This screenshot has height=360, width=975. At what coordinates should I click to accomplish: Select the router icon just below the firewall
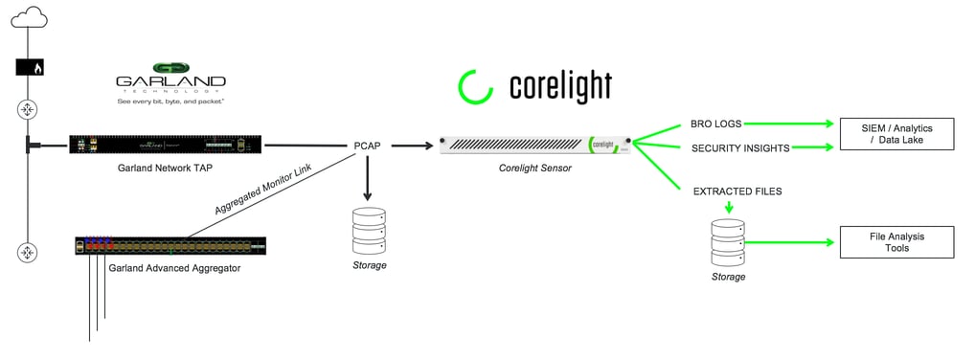[x=27, y=110]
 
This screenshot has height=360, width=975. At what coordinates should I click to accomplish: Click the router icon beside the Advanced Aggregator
[x=27, y=253]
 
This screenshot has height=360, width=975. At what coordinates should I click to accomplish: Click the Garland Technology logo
[x=170, y=83]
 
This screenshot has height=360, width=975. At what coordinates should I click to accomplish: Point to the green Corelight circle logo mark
[x=474, y=86]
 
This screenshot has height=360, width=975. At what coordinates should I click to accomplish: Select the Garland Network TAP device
[x=166, y=146]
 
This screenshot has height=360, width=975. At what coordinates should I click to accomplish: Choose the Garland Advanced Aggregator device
[x=170, y=246]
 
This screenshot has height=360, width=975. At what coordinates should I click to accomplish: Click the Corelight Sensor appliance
[x=535, y=146]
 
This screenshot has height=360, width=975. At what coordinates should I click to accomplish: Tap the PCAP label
[x=368, y=146]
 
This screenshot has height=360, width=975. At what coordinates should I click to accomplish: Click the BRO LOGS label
[x=715, y=124]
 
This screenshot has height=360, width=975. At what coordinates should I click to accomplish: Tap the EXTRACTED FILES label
[x=737, y=191]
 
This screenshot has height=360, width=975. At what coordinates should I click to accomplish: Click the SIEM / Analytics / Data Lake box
[x=896, y=134]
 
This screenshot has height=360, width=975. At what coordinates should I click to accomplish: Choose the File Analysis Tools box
[x=896, y=241]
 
